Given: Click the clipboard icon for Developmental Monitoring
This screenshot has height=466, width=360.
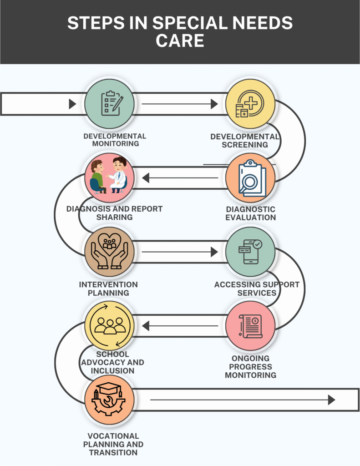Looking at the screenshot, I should click(x=110, y=103).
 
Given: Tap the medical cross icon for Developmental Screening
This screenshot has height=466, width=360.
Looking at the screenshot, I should click(x=250, y=103).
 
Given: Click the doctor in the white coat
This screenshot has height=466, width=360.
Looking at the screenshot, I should click(x=119, y=174).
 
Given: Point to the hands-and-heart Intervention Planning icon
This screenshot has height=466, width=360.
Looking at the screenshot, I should click(x=109, y=252).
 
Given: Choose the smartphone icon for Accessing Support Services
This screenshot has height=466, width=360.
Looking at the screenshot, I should click(x=250, y=251).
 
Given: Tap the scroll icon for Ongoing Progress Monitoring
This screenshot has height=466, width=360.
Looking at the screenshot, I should click(x=250, y=326).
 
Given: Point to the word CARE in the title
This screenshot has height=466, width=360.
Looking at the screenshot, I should click(x=180, y=41).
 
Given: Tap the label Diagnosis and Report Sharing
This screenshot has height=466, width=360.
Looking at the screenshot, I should click(x=114, y=213).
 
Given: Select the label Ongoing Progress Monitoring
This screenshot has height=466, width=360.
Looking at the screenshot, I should click(x=250, y=367).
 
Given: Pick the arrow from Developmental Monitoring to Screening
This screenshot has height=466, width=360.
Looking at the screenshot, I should click(x=179, y=104).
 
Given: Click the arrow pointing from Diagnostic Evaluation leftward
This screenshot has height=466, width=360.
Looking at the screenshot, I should click(x=179, y=177).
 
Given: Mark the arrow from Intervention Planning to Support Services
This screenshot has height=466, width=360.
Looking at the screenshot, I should click(x=179, y=252).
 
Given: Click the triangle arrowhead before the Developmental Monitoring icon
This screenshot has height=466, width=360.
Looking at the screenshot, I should click(x=72, y=104).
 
